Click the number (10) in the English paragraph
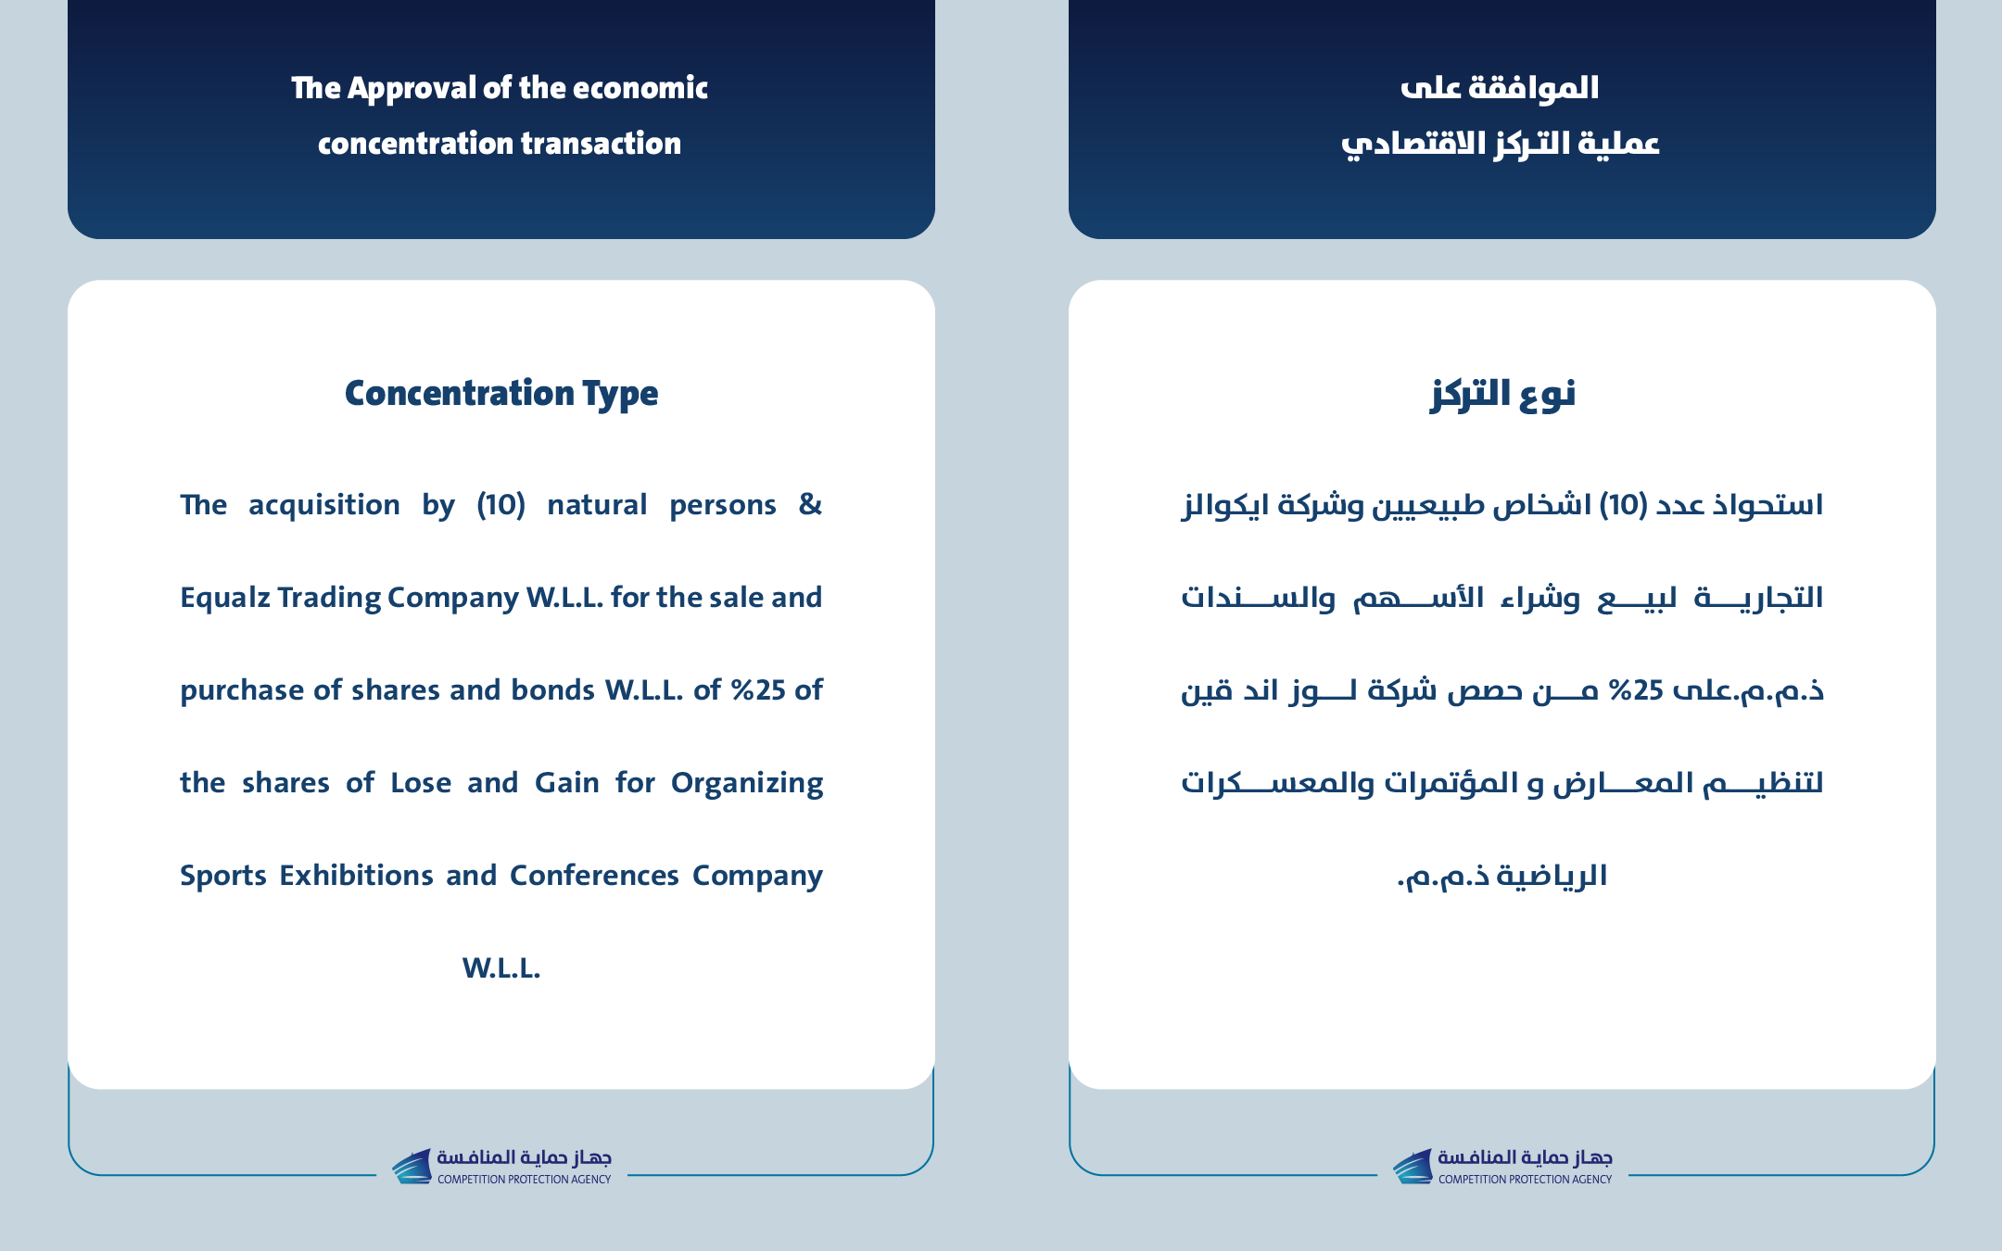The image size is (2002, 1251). tap(500, 505)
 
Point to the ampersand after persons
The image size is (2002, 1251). tap(810, 504)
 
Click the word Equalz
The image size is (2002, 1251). tap(223, 598)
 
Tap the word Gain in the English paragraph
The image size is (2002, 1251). tap(566, 782)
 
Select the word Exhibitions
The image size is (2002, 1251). tap(356, 875)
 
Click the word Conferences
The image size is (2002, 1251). tap(594, 875)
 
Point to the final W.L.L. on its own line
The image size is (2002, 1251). tap(501, 967)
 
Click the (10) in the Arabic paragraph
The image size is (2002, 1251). tap(1624, 505)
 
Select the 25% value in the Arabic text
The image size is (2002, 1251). tap(1635, 690)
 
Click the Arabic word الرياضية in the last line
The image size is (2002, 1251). tap(1552, 876)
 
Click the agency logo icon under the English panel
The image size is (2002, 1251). tap(412, 1167)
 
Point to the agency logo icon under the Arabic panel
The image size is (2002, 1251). tap(1413, 1167)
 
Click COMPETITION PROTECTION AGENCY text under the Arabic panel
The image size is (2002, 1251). tap(1525, 1180)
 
